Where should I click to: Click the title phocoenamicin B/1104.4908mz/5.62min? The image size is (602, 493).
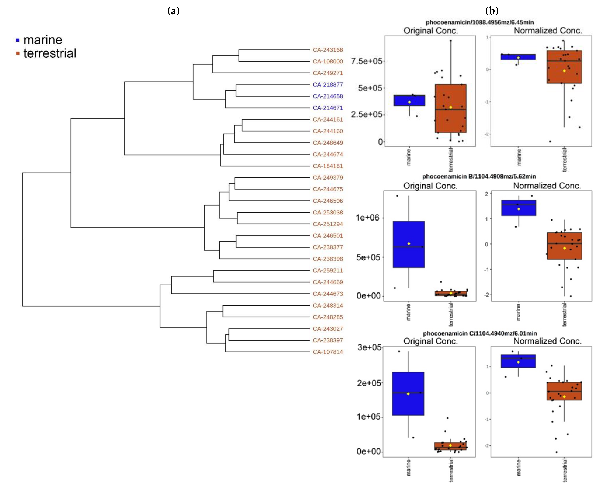479,176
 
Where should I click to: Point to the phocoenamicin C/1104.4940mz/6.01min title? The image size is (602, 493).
480,333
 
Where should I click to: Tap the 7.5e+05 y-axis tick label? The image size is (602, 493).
366,61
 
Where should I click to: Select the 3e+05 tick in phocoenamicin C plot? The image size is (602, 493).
369,347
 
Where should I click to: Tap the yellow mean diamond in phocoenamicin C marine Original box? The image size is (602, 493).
408,394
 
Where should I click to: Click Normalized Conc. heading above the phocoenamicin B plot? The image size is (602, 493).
547,186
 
